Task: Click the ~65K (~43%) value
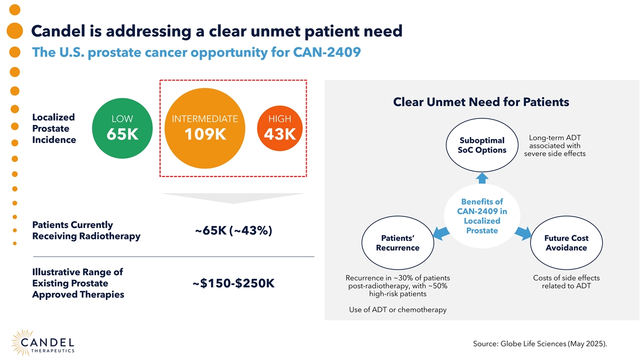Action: (234, 231)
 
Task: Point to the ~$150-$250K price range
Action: (233, 283)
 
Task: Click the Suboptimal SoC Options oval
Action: (482, 145)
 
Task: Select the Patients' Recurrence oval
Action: (397, 243)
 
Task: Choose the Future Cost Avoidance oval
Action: (566, 243)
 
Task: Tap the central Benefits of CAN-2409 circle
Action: (482, 216)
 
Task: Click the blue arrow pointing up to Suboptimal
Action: (482, 178)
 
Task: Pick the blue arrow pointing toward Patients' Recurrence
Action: (441, 233)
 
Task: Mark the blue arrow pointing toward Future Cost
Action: (523, 233)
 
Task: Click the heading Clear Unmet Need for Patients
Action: (481, 101)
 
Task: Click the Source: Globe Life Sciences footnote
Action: (540, 344)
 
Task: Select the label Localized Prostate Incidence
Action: (54, 129)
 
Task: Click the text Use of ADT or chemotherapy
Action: (397, 310)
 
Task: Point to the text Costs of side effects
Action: (566, 278)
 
